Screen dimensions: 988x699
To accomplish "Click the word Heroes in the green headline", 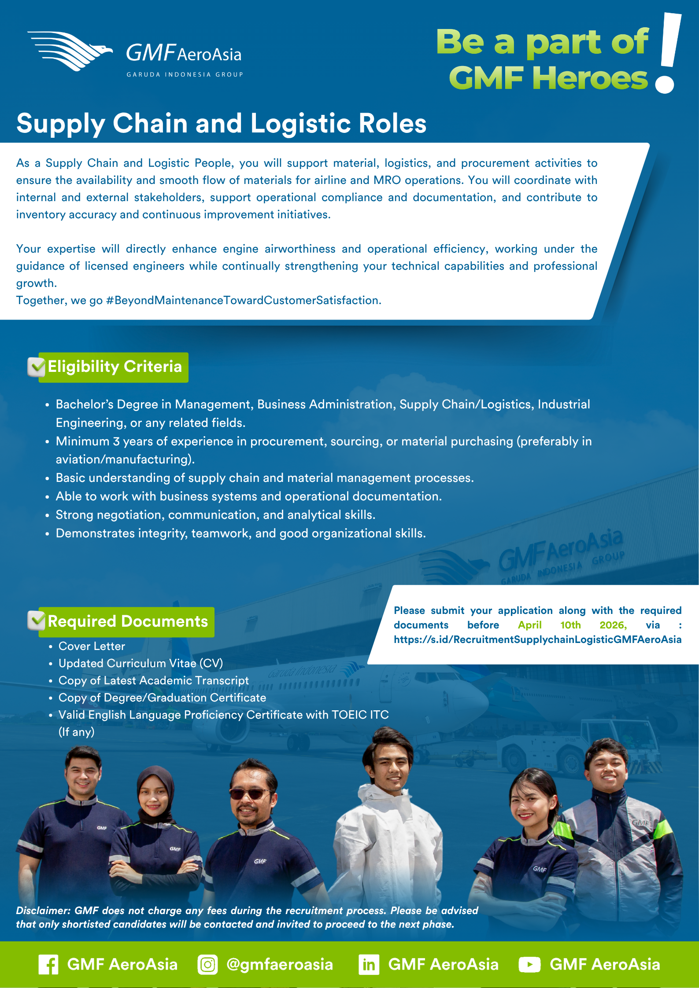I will coord(590,78).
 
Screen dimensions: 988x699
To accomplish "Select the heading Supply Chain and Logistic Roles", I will coord(221,123).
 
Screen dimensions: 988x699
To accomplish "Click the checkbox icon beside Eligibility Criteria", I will coord(36,367).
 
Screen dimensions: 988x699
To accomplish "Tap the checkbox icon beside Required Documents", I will coord(36,621).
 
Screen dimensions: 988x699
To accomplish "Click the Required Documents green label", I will coord(127,621).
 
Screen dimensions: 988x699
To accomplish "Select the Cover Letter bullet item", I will coord(92,646).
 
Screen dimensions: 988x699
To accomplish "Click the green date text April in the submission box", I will coord(529,625).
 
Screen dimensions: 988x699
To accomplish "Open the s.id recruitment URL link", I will coord(537,639).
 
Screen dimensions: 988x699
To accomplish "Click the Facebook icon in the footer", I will coord(48,965).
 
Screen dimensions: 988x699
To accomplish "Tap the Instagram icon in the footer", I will coord(207,965).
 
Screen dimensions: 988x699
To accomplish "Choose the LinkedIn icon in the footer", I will coord(369,965).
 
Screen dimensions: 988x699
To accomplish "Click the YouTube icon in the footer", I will coord(529,965).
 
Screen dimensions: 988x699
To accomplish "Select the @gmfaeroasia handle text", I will coord(280,965).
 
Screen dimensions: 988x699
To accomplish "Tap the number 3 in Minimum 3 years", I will coord(116,441).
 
